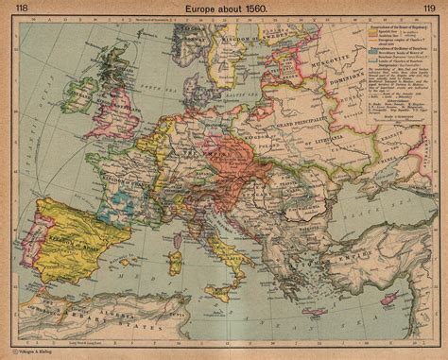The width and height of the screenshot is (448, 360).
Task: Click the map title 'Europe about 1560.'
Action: (x=224, y=9)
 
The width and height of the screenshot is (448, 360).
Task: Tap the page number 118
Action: (x=17, y=9)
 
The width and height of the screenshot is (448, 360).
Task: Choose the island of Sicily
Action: (x=237, y=284)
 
